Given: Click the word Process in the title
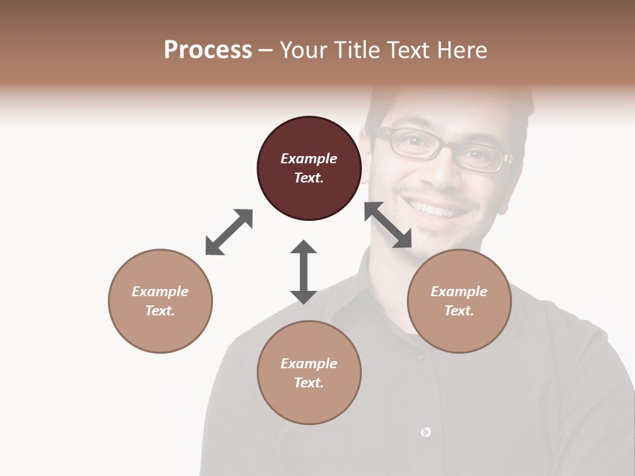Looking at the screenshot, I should (x=208, y=50).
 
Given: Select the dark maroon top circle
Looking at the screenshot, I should (x=309, y=168).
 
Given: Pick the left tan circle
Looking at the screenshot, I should (x=160, y=301).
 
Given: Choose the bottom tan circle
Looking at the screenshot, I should (x=309, y=373).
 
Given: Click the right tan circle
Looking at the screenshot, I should (x=458, y=301).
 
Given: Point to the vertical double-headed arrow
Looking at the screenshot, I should (x=304, y=272).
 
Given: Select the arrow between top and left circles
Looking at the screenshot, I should (x=229, y=232).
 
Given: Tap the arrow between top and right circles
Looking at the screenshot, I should (x=388, y=225).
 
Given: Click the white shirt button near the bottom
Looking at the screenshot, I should (x=425, y=432).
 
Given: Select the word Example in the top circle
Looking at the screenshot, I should (x=309, y=159).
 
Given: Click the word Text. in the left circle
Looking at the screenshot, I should (x=160, y=311).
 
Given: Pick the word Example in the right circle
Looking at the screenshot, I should (x=458, y=292).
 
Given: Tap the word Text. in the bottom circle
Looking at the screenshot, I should (x=309, y=383).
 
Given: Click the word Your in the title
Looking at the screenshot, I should (x=305, y=50).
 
